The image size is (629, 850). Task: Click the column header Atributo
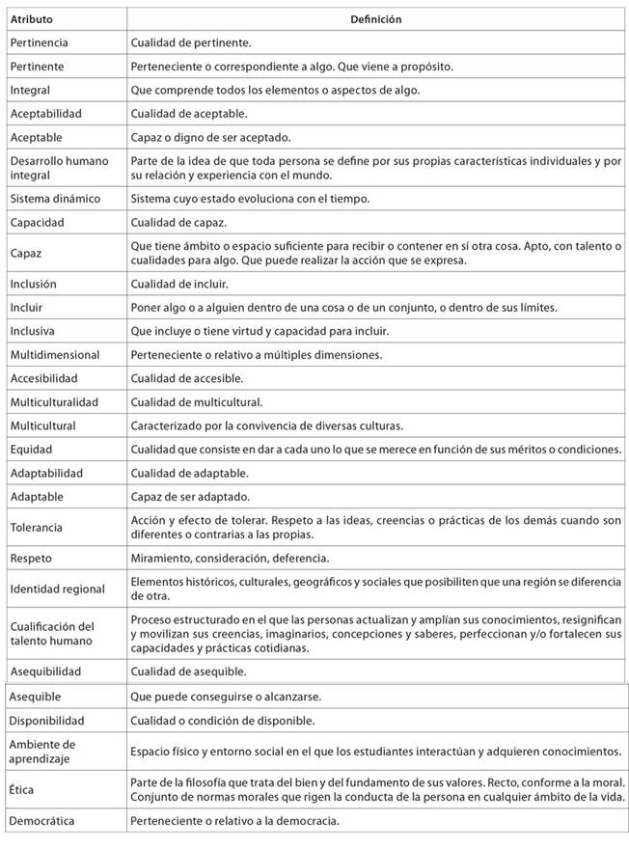[x=32, y=19]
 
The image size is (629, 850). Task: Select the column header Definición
[x=376, y=19]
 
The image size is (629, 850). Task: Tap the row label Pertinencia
[x=39, y=42]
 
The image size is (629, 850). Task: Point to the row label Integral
[x=30, y=90]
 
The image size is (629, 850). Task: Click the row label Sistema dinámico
[x=54, y=199]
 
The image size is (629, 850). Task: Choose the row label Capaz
[x=26, y=254]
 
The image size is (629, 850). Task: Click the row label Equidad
[x=31, y=450]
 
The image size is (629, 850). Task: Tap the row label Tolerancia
[x=37, y=528]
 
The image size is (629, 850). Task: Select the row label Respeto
[x=31, y=559]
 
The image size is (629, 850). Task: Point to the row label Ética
[x=22, y=790]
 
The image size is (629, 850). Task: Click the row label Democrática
[x=41, y=822]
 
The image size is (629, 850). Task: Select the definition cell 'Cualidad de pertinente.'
[x=191, y=42]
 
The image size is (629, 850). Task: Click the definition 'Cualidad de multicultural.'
[x=197, y=402]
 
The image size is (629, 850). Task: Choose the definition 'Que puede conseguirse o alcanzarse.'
[x=226, y=697]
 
